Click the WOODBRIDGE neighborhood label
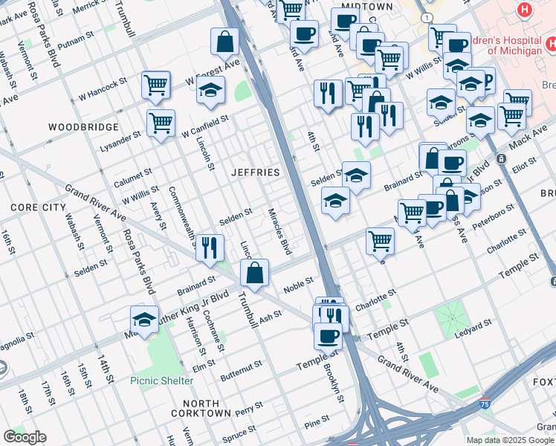pyautogui.click(x=83, y=127)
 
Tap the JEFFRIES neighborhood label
pyautogui.click(x=255, y=172)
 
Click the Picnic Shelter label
pyautogui.click(x=161, y=381)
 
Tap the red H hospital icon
pyautogui.click(x=526, y=10)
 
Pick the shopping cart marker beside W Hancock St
pyautogui.click(x=156, y=85)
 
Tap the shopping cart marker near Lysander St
pyautogui.click(x=161, y=123)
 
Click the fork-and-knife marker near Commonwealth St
pyautogui.click(x=210, y=248)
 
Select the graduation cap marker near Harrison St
pyautogui.click(x=144, y=320)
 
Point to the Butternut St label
pyautogui.click(x=237, y=366)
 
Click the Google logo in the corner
pyautogui.click(x=25, y=437)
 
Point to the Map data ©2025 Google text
pyautogui.click(x=510, y=440)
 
